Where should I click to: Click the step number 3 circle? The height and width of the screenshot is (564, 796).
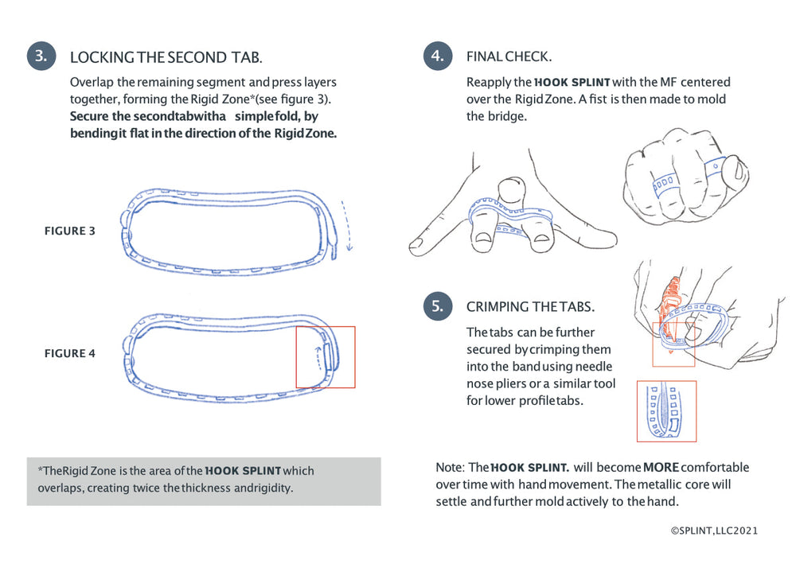point(41,56)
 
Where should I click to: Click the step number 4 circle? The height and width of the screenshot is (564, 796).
point(438,56)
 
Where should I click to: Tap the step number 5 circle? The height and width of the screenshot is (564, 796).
point(438,306)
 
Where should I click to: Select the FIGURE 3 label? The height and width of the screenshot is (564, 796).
point(69,231)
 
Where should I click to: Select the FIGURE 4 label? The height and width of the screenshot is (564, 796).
point(69,353)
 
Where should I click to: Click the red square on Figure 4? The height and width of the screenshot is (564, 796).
point(326,356)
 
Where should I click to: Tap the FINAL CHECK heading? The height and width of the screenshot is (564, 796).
point(509,57)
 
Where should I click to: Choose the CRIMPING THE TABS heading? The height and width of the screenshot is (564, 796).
point(530,307)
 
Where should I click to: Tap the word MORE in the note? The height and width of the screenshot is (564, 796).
point(660,467)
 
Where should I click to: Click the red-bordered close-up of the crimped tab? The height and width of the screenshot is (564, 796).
point(666,411)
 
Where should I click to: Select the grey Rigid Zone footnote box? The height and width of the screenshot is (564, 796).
point(204,480)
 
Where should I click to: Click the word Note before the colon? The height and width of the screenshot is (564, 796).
point(449,467)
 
